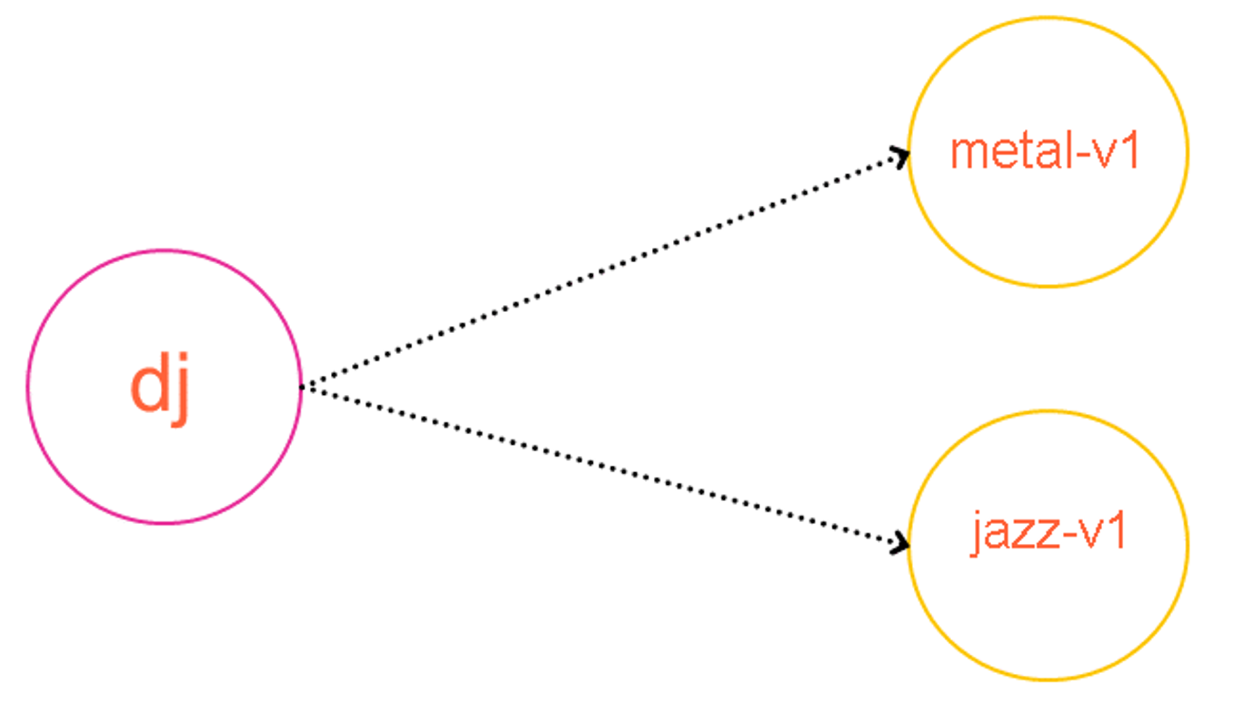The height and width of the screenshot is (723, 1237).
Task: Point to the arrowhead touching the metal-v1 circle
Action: click(901, 156)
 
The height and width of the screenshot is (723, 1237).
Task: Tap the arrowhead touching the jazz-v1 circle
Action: click(901, 543)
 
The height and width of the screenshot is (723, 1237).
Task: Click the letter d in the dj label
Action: click(149, 388)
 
